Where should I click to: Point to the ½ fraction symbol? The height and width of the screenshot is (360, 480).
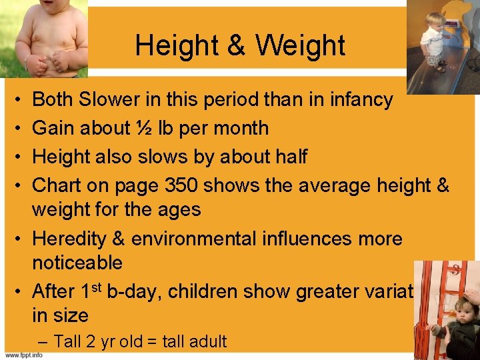[x=131, y=128]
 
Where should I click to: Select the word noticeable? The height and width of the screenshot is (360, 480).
[x=77, y=263]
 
